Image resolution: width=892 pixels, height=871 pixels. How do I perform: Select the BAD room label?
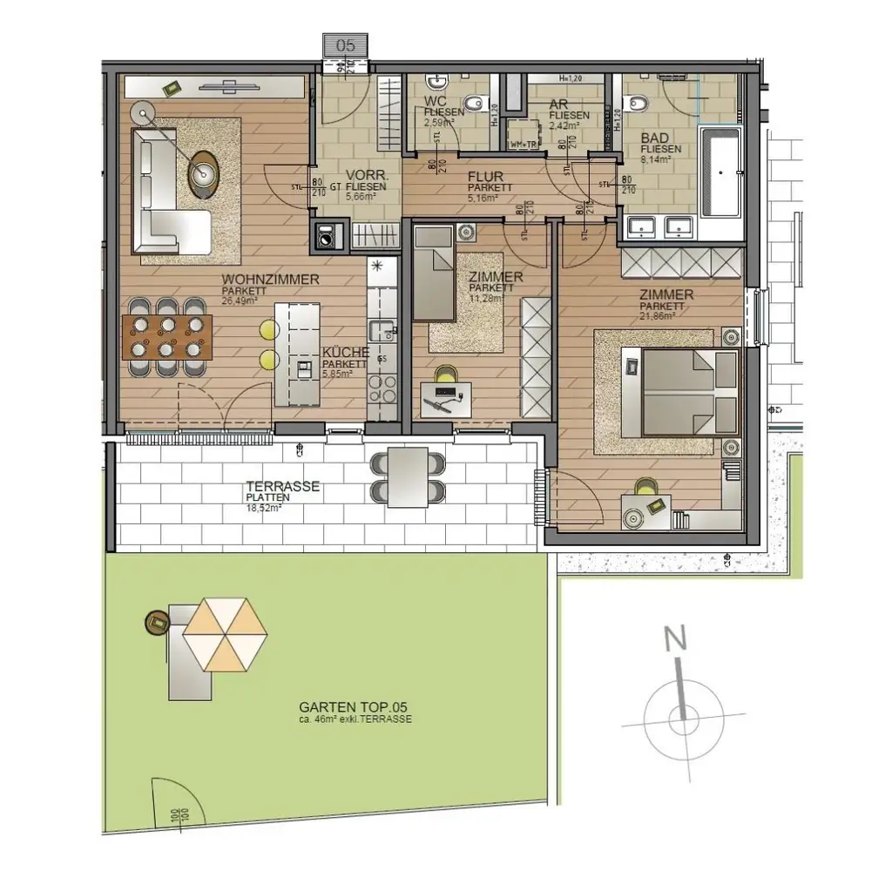654,138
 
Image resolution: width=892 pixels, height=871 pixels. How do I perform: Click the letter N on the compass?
673,640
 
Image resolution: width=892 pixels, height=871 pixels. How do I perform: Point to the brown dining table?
167,338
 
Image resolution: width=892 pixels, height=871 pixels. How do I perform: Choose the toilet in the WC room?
473,105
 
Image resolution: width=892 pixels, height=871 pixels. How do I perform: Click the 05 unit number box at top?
345,45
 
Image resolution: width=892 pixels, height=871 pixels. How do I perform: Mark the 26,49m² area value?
240,300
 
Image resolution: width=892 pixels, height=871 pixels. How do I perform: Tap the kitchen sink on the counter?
380,332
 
